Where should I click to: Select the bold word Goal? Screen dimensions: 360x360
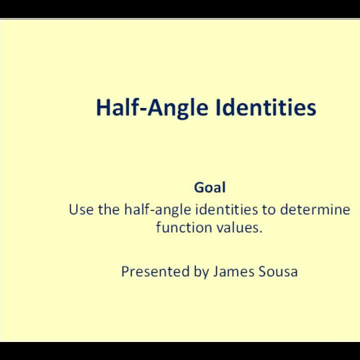click(210, 187)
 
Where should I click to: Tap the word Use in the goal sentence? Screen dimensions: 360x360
click(80, 210)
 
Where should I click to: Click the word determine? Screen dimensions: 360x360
click(317, 210)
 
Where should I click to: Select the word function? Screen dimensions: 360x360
click(180, 228)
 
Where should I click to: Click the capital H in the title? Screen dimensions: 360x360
click(102, 108)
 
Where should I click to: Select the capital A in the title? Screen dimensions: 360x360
click(154, 108)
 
